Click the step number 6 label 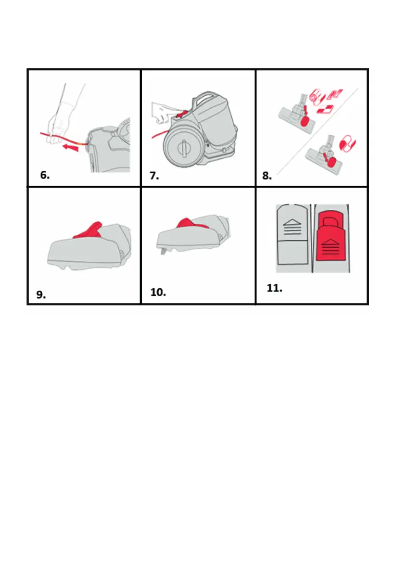pos(45,176)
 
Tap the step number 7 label pos(154,176)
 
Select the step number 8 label pos(267,176)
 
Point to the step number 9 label pos(41,294)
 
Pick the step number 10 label pos(158,293)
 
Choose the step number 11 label pos(274,288)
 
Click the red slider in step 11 pos(331,240)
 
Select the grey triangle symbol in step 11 pos(292,222)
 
